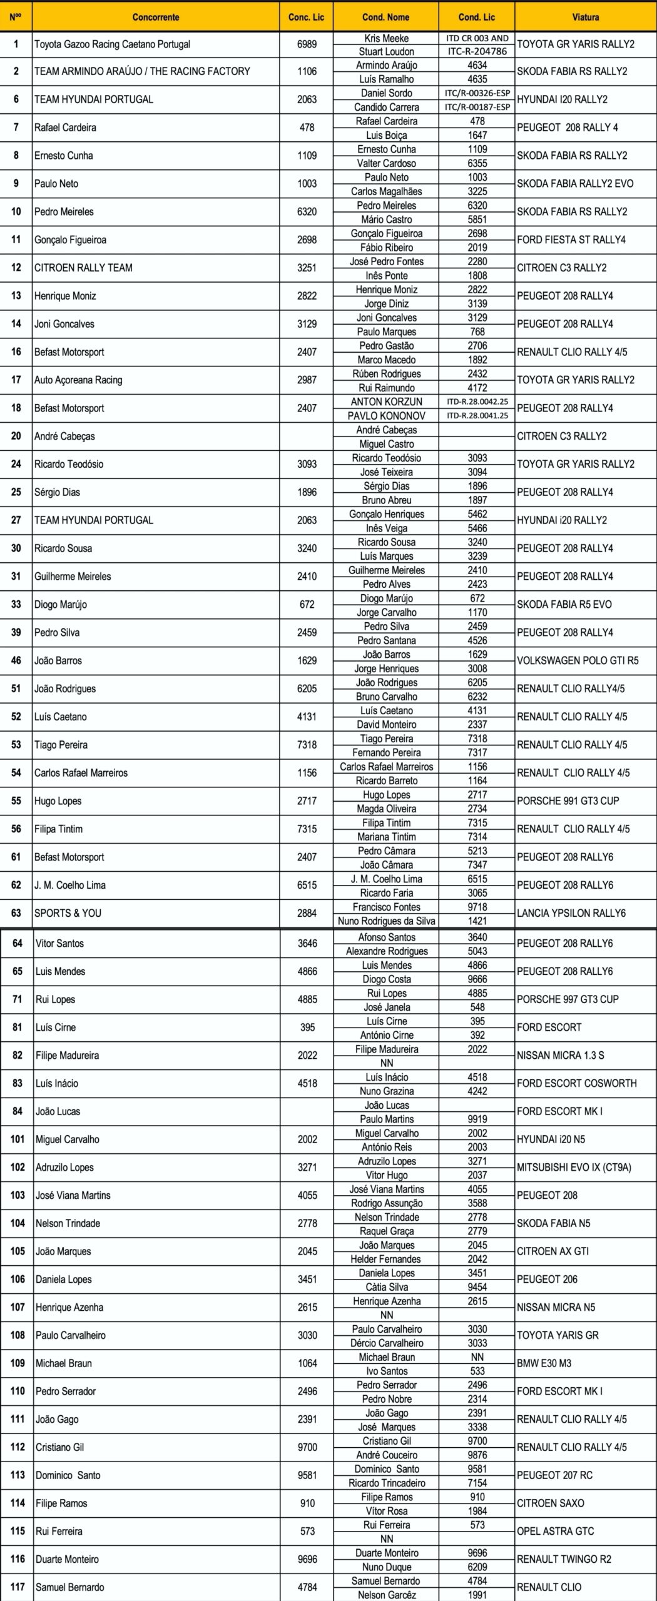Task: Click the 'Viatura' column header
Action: pos(585,17)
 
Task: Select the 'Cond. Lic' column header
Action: pos(477,17)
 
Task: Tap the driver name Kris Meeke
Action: pos(386,38)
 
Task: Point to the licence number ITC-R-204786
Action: pos(477,51)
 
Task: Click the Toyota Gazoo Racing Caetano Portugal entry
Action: pos(112,44)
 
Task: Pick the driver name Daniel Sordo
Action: pos(386,93)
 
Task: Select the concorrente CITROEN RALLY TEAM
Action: pos(83,268)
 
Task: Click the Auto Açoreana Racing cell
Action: pos(78,380)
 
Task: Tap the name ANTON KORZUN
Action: pos(386,402)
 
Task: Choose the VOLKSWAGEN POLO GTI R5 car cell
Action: pos(578,660)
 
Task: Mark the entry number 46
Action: pos(16,660)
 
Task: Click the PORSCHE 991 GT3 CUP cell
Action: pos(568,800)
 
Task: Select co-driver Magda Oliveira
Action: pos(386,808)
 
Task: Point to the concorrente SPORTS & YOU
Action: pos(68,913)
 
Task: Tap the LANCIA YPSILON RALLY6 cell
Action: pos(571,913)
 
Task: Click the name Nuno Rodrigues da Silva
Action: pos(386,921)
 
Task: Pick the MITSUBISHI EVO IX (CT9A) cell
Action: pos(574,1167)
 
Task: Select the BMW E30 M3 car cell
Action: pos(544,1363)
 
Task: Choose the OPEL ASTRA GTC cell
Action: pos(555,1532)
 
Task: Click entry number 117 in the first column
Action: pos(18,1587)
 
